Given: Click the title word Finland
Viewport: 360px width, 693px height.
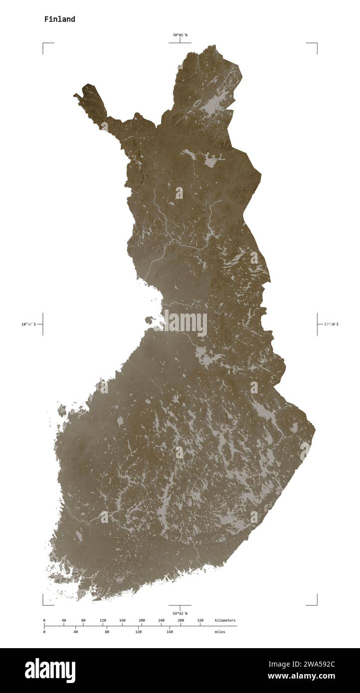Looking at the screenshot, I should [x=59, y=19].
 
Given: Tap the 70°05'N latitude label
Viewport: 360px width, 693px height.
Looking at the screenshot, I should [x=180, y=35].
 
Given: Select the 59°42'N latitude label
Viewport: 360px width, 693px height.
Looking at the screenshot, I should [x=180, y=613].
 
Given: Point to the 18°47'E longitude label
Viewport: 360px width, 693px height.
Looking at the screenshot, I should [x=28, y=325].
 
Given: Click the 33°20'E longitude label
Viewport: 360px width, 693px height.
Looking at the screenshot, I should [x=331, y=325].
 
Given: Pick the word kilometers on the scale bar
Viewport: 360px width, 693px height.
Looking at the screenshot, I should [x=225, y=620].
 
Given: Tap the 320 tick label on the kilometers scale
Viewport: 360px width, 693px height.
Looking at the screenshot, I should [x=200, y=620].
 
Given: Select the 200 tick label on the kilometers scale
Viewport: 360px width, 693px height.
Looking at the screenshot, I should [x=142, y=620].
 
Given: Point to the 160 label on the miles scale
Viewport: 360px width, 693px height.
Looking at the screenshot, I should [x=170, y=632].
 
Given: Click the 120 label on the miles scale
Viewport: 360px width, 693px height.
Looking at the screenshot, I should [x=138, y=632].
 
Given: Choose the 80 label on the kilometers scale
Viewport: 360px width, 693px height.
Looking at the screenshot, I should [x=83, y=620].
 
